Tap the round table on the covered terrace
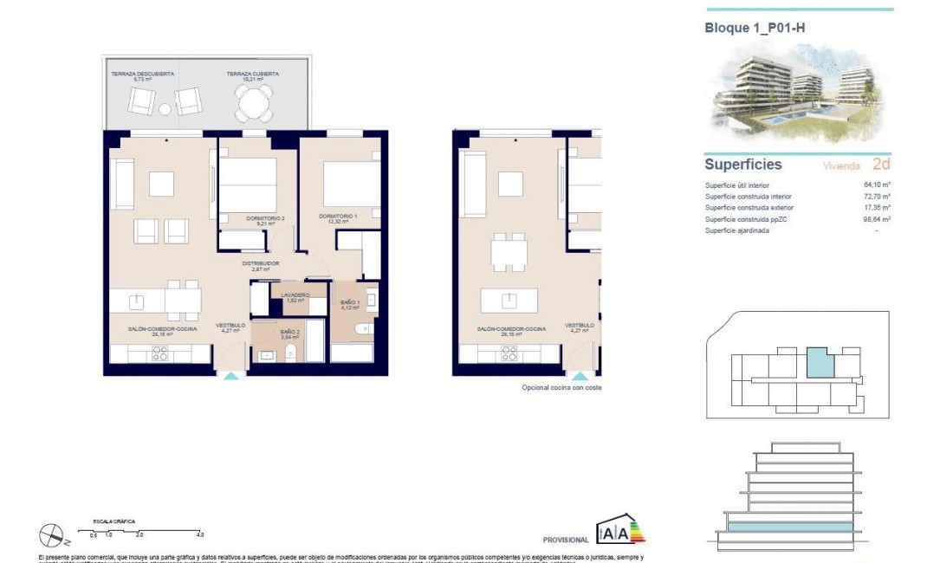pyautogui.click(x=254, y=106)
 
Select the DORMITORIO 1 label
pyautogui.click(x=337, y=216)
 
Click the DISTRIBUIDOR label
pyautogui.click(x=260, y=263)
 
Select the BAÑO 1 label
pyautogui.click(x=349, y=303)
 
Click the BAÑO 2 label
pyautogui.click(x=290, y=332)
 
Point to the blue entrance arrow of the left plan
pyautogui.click(x=230, y=377)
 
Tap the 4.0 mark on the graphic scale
pyautogui.click(x=200, y=535)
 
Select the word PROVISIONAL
pyautogui.click(x=565, y=539)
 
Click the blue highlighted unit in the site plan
pyautogui.click(x=819, y=361)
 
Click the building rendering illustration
pyautogui.click(x=797, y=95)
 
